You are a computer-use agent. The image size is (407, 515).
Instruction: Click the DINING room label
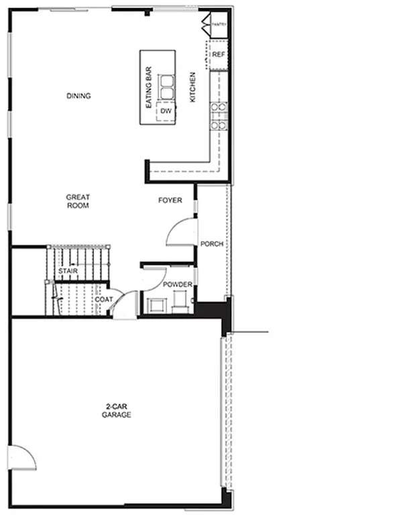(78, 96)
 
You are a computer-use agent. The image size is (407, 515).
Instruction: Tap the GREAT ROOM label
(78, 201)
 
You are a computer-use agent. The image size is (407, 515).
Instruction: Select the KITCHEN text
(192, 87)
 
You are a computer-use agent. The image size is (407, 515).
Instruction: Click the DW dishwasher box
(165, 111)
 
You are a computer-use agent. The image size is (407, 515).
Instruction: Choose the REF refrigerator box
(218, 56)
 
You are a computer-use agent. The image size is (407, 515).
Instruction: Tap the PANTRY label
(219, 24)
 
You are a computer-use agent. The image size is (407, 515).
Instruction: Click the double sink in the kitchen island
(166, 86)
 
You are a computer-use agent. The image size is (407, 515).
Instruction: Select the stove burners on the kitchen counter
(219, 115)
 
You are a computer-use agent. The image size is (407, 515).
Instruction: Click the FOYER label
(170, 201)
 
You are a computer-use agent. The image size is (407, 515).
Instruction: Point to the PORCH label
(212, 243)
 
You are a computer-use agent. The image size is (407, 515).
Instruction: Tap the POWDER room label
(178, 285)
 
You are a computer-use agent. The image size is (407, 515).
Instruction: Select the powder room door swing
(153, 278)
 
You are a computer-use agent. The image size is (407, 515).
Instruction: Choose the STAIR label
(68, 271)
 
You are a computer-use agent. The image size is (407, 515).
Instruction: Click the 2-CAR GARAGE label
(116, 411)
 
